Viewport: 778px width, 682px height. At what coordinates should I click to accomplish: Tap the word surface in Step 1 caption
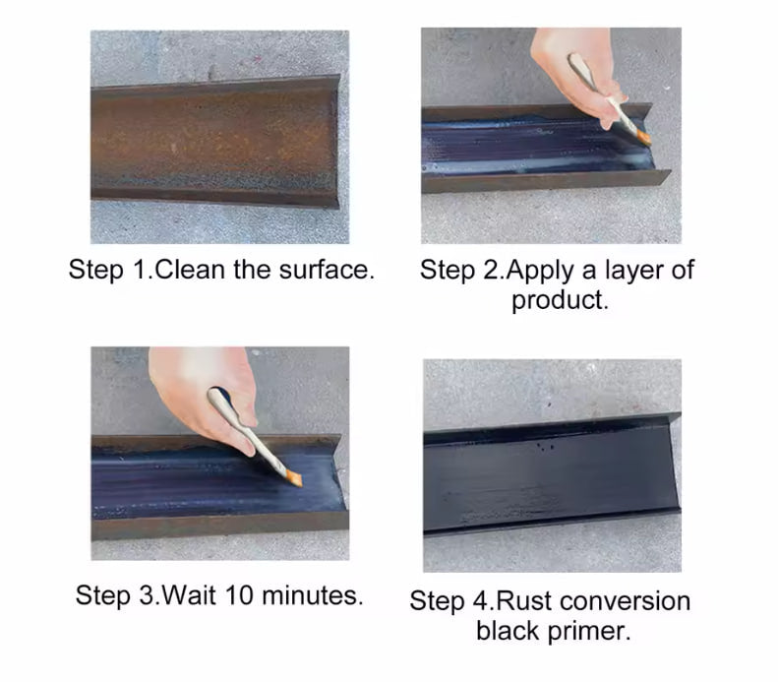click(x=327, y=270)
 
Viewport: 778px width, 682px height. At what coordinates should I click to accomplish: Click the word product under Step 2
click(x=558, y=300)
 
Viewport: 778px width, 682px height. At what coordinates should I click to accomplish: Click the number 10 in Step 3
click(x=239, y=594)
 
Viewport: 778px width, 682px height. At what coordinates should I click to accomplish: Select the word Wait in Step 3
click(x=189, y=594)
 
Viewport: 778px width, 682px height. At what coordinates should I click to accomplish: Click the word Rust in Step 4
click(x=523, y=601)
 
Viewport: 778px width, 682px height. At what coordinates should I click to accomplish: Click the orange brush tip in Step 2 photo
click(x=643, y=138)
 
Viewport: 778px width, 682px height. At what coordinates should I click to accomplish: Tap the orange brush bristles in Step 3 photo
click(x=295, y=479)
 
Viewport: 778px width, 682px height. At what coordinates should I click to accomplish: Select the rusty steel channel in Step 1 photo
click(x=215, y=143)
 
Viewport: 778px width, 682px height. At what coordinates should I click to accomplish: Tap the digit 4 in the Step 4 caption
click(x=480, y=601)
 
